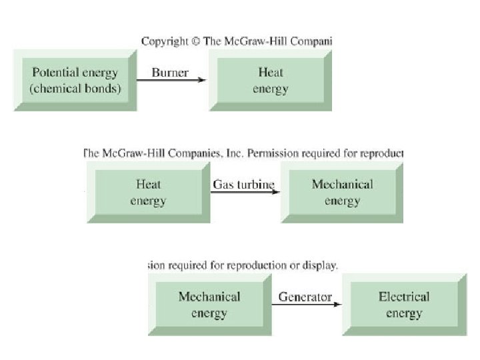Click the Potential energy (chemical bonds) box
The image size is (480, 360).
click(x=75, y=80)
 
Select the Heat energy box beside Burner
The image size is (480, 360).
click(x=270, y=80)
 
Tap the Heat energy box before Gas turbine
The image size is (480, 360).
click(x=148, y=192)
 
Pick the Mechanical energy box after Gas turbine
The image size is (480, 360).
click(x=341, y=192)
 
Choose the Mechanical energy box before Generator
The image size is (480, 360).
click(x=209, y=305)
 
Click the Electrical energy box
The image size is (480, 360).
click(x=404, y=305)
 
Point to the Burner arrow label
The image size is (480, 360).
click(x=170, y=73)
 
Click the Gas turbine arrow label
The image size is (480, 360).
click(x=243, y=184)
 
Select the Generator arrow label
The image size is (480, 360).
click(x=305, y=297)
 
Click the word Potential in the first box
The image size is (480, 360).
click(x=54, y=73)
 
